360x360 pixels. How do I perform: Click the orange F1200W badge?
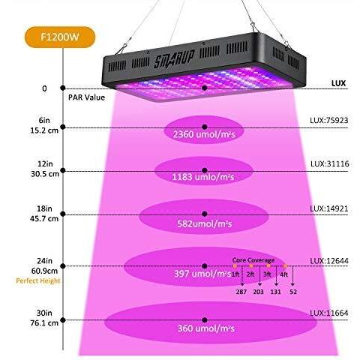coord(60,37)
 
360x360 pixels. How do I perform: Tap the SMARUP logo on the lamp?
coord(174,59)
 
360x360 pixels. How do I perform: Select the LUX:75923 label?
coord(329,120)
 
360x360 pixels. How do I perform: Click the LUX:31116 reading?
coord(329,163)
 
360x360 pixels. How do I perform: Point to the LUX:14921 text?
coord(329,208)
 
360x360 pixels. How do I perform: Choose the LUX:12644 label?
coord(329,261)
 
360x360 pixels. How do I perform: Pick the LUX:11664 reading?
coord(329,313)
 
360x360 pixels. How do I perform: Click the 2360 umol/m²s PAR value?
coord(204,134)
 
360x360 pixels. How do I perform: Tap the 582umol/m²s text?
coord(204,223)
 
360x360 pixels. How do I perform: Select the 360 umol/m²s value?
coord(206,328)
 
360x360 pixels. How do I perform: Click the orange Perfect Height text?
coord(38,281)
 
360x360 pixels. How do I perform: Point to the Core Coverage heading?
coord(253,260)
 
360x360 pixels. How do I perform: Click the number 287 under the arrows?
coord(241,292)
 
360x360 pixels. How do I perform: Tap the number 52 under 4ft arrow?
coord(293,292)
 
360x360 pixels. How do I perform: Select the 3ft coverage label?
coord(267,274)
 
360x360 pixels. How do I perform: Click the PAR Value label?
coord(86,97)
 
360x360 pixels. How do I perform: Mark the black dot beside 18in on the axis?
coord(63,214)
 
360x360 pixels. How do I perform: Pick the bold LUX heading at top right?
coord(338,83)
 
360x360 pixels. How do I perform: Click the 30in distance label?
coord(44,313)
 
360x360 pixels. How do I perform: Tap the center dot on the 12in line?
coord(205,170)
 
